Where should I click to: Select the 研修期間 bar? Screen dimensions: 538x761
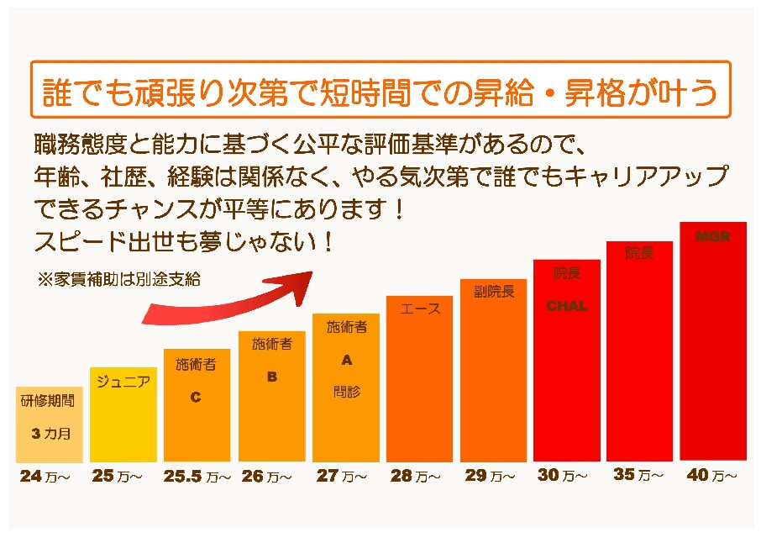tap(50, 425)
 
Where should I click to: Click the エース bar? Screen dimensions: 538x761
tap(420, 378)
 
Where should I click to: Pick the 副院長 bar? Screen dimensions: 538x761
tap(493, 370)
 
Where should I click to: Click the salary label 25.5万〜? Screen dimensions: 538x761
tap(197, 477)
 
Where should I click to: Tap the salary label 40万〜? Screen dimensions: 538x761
tap(712, 475)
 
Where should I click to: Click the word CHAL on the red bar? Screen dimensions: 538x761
tap(567, 306)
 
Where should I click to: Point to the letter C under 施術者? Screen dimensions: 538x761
tap(196, 397)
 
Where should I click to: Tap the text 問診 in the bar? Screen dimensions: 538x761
tap(346, 391)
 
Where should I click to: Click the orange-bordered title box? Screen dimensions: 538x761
tap(380, 89)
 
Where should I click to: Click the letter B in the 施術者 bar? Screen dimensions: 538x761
tap(271, 377)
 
